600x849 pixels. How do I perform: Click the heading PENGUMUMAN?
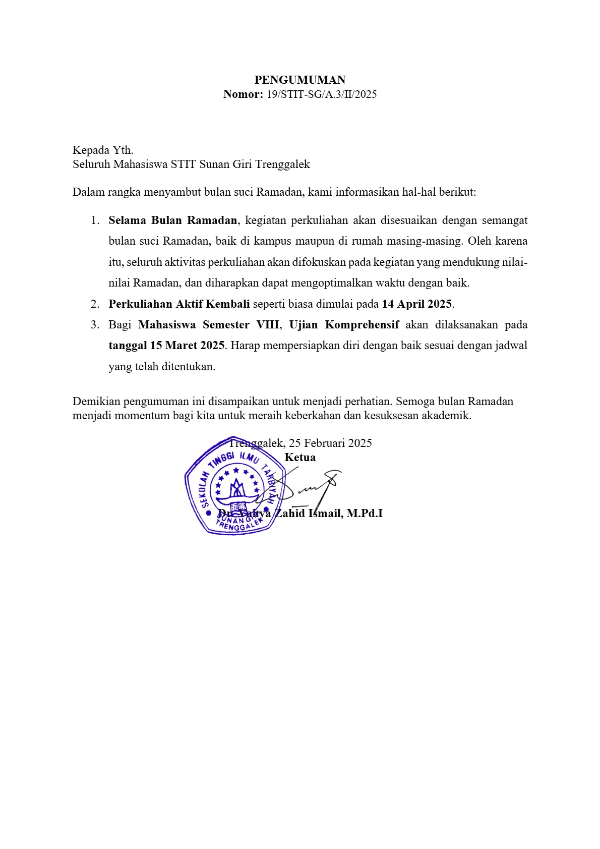pyautogui.click(x=299, y=80)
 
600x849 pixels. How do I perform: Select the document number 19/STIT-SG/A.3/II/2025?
pyautogui.click(x=321, y=94)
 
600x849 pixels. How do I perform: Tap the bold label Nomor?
pyautogui.click(x=243, y=94)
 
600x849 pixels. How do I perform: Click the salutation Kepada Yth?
pyautogui.click(x=103, y=150)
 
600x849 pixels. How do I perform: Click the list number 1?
pyautogui.click(x=95, y=220)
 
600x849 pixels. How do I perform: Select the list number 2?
pyautogui.click(x=95, y=304)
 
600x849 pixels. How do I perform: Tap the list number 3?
pyautogui.click(x=95, y=325)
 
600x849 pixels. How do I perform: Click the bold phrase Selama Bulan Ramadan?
pyautogui.click(x=172, y=220)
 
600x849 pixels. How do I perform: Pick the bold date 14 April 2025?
pyautogui.click(x=416, y=304)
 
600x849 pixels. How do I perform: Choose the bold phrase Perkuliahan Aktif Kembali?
pyautogui.click(x=179, y=304)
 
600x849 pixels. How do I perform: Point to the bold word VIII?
pyautogui.click(x=267, y=325)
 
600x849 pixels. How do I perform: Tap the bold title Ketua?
pyautogui.click(x=300, y=458)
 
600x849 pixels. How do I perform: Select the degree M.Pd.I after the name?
pyautogui.click(x=365, y=514)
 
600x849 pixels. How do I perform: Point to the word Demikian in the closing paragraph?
pyautogui.click(x=96, y=402)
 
